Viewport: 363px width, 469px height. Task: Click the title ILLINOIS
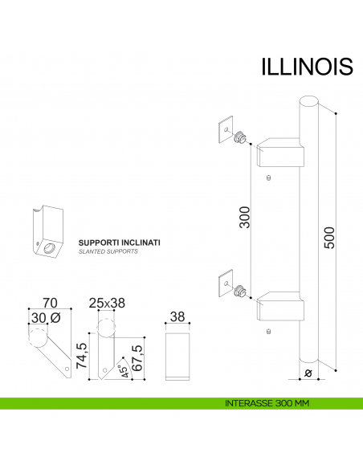307,66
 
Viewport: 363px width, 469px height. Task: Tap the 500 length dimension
330,237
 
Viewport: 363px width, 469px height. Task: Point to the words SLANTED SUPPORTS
108,251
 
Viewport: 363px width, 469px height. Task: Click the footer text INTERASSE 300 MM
268,402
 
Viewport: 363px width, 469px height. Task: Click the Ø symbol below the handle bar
308,373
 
